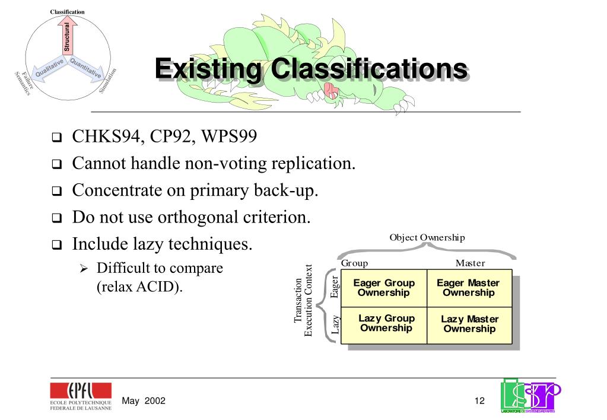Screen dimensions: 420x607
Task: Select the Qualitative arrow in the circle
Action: click(49, 71)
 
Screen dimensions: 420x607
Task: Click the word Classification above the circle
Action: click(67, 12)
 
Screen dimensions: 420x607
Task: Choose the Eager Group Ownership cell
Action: click(384, 288)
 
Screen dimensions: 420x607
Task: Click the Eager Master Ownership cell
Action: click(468, 288)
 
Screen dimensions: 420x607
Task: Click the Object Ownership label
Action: click(427, 237)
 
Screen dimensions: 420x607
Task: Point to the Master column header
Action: click(470, 263)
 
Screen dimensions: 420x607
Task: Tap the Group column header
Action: click(355, 263)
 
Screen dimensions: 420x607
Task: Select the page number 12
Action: click(479, 401)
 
